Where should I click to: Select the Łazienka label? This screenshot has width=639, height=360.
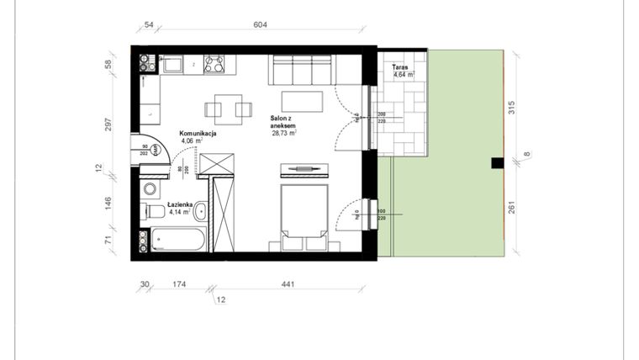click(181, 205)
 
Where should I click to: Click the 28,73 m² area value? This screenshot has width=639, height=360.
click(284, 133)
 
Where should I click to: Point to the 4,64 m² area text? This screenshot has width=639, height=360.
click(404, 75)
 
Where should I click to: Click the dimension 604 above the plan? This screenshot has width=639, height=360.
click(260, 25)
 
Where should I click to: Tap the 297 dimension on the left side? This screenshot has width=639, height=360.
click(108, 124)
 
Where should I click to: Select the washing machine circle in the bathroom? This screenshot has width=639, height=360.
click(149, 188)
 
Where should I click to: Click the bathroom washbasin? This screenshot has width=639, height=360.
click(199, 212)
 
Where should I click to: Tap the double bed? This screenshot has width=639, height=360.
click(303, 215)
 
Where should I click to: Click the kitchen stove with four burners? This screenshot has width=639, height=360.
click(214, 64)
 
